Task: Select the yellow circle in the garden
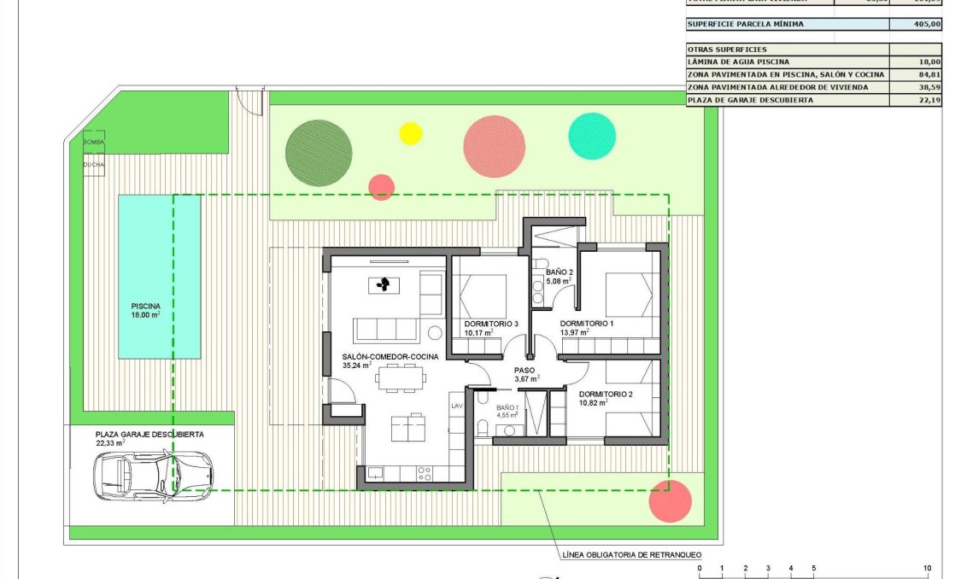pyautogui.click(x=411, y=133)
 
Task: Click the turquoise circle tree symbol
pyautogui.click(x=592, y=136)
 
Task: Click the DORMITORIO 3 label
pyautogui.click(x=491, y=325)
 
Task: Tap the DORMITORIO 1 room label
pyautogui.click(x=587, y=325)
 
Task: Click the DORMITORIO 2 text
pyautogui.click(x=606, y=395)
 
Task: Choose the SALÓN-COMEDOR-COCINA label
pyautogui.click(x=390, y=356)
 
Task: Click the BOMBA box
pyautogui.click(x=93, y=142)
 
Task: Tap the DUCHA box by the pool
pyautogui.click(x=93, y=164)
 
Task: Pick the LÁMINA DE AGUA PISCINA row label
pyautogui.click(x=739, y=62)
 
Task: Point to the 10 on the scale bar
pyautogui.click(x=927, y=569)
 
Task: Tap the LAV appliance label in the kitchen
pyautogui.click(x=456, y=406)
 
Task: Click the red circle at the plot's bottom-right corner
pyautogui.click(x=670, y=501)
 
